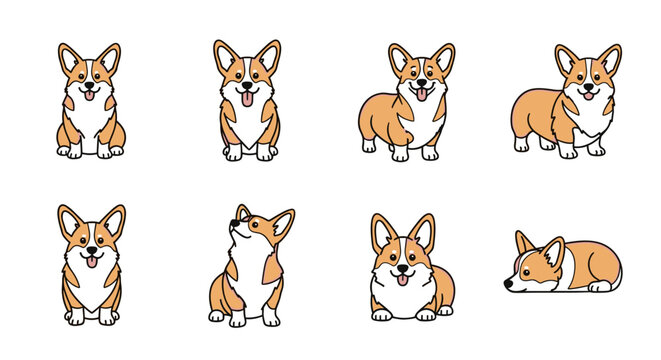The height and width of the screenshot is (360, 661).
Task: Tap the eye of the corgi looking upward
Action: coord(244,222)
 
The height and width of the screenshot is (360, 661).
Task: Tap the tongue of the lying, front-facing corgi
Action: coord(403,279)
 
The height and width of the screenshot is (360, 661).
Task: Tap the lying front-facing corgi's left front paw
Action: coord(382,315)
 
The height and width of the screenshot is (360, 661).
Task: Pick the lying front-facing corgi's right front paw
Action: coord(425,315)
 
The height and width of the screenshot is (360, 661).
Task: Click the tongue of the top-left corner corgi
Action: coord(89,97)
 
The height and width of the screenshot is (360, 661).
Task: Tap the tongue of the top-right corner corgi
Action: coord(587,96)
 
